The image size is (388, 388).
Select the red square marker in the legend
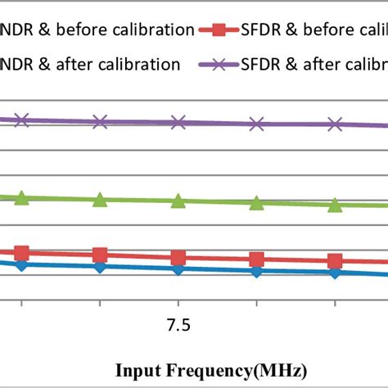(218, 31)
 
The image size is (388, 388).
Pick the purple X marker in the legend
(218, 63)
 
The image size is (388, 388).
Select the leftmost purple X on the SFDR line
(22, 120)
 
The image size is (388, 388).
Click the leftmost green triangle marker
(22, 197)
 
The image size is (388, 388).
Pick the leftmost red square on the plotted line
(22, 253)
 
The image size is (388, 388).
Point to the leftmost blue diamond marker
(22, 264)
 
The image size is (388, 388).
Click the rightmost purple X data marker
(335, 124)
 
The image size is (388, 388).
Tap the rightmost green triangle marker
(335, 205)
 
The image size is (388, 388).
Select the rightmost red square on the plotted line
(335, 261)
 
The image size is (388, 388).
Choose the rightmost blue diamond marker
(335, 272)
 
